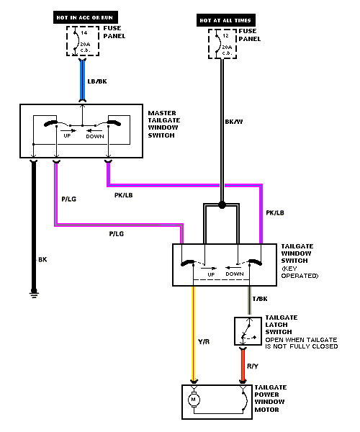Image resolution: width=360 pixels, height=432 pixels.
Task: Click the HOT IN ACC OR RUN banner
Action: [86, 17]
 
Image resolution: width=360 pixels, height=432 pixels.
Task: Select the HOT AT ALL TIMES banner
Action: [226, 20]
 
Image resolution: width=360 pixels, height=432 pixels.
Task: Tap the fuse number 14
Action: [84, 33]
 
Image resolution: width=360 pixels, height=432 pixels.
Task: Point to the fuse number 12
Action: [225, 36]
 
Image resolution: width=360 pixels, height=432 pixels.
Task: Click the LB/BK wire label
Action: [97, 81]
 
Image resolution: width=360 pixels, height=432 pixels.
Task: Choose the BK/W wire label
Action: [234, 122]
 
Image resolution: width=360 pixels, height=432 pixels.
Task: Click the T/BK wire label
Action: [260, 299]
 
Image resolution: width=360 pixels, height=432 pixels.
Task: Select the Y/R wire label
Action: [204, 341]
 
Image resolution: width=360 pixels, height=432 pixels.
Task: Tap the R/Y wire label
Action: [253, 366]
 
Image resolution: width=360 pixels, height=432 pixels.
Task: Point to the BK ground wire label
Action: [42, 259]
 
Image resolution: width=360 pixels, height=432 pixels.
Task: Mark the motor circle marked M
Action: [194, 399]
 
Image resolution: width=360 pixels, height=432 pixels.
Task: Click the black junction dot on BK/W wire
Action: [222, 205]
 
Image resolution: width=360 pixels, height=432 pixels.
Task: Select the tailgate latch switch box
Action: [248, 331]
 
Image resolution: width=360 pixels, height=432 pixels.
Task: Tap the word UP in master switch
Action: [67, 136]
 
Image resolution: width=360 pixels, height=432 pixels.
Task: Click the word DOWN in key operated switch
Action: [235, 274]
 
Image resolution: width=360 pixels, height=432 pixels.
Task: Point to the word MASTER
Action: [162, 113]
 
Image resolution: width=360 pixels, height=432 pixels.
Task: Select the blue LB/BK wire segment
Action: [82, 80]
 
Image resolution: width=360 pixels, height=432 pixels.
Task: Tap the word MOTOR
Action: [266, 410]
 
